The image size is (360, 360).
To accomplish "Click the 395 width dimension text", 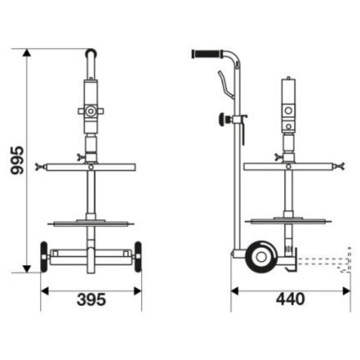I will (x=91, y=298).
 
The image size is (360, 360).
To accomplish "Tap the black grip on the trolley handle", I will (x=206, y=54).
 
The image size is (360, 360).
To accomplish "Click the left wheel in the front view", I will (x=44, y=257).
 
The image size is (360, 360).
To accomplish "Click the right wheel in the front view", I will (x=138, y=257).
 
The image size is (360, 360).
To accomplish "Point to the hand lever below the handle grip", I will (x=223, y=83).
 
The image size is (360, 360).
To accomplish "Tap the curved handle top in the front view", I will (x=91, y=54).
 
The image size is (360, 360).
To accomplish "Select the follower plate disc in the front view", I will (x=91, y=224).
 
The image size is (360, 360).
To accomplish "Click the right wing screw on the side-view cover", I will (x=340, y=166).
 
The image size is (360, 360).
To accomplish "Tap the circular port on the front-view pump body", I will (x=91, y=111).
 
